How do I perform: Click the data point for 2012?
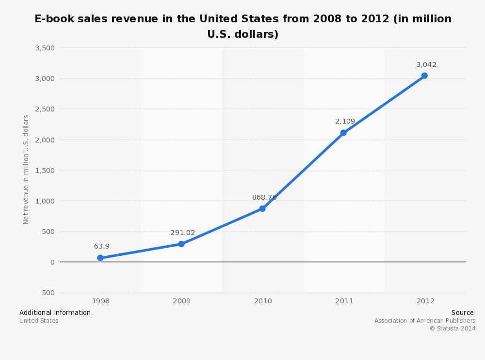tap(424, 76)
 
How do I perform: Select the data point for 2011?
tap(343, 133)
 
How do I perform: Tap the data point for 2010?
tap(262, 209)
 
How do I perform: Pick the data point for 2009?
tap(181, 244)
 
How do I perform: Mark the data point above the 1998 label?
tap(100, 258)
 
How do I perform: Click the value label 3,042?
tap(426, 65)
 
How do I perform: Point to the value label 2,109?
tap(345, 122)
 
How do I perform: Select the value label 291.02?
tap(182, 233)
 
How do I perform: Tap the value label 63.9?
tap(102, 247)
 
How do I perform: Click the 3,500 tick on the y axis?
tap(45, 48)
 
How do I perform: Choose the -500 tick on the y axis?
tap(47, 293)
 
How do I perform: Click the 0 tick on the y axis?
tap(52, 262)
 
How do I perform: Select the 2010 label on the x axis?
tap(263, 301)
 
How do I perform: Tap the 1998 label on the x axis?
tap(100, 301)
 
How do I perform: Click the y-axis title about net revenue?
tap(26, 170)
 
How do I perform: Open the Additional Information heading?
tap(55, 313)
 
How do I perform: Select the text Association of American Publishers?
tap(425, 321)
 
